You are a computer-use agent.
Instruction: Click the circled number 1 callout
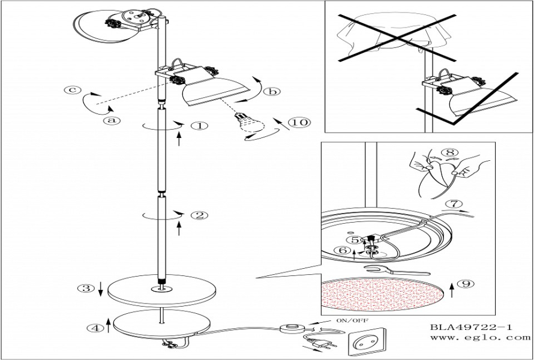click(200, 125)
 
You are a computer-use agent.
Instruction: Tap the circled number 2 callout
click(199, 215)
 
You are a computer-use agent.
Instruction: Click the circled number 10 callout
click(299, 122)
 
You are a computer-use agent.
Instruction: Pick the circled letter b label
click(272, 91)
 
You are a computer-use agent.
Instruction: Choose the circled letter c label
click(73, 90)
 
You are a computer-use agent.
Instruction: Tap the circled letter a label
click(112, 120)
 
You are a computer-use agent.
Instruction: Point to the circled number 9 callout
click(465, 283)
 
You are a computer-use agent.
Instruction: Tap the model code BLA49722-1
click(471, 328)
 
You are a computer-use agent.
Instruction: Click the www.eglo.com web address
click(480, 338)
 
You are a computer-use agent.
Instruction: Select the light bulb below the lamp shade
click(250, 124)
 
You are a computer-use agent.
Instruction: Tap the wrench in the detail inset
click(397, 270)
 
